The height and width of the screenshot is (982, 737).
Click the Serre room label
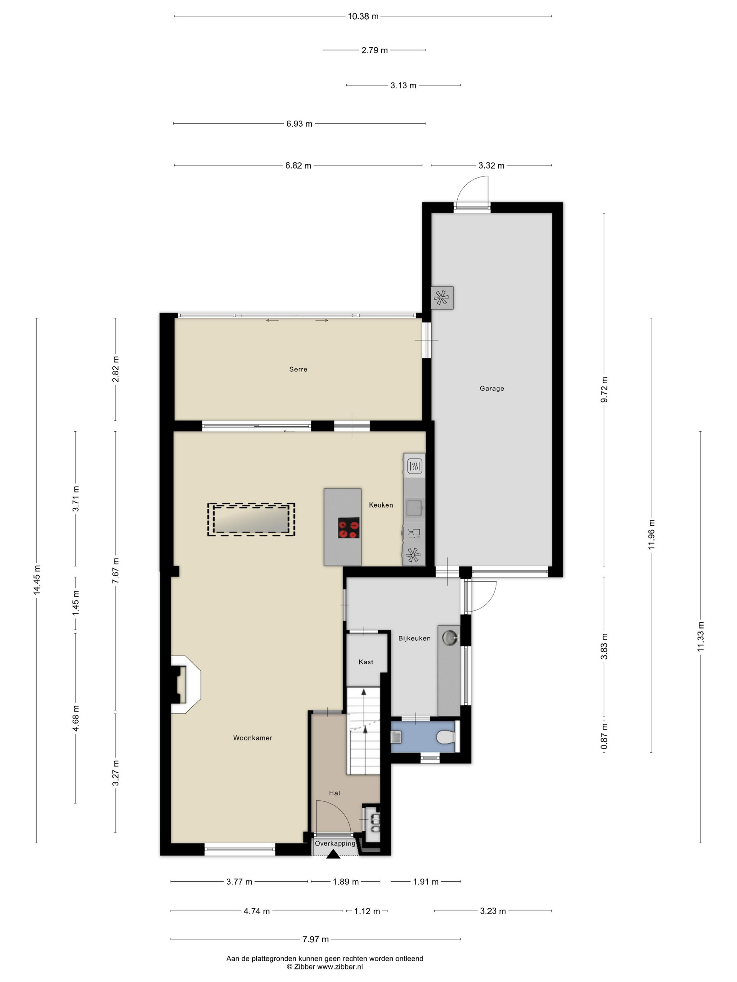click(x=298, y=369)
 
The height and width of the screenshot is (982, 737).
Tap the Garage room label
click(x=491, y=389)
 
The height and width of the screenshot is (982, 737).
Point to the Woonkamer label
click(x=252, y=738)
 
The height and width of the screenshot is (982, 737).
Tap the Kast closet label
click(x=366, y=662)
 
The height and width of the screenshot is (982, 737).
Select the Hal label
click(x=334, y=793)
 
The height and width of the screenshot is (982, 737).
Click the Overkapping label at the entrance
click(x=335, y=843)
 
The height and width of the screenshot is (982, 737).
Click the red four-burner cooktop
click(x=348, y=528)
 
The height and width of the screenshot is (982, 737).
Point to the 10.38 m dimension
click(x=363, y=16)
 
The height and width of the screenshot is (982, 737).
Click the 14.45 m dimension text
click(x=37, y=580)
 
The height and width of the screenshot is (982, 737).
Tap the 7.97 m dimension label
click(x=316, y=939)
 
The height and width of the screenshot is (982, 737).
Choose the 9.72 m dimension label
click(x=604, y=389)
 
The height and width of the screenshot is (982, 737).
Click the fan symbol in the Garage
click(x=441, y=297)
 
